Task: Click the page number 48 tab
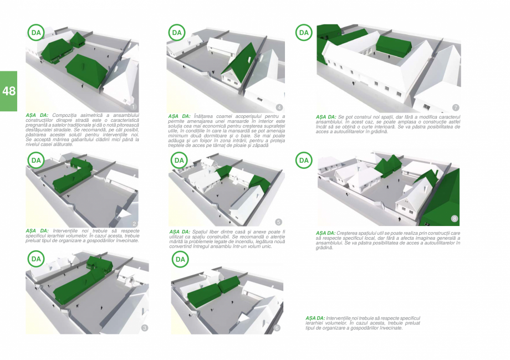(x=8, y=91)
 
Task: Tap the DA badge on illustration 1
(x=36, y=33)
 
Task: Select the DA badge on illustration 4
(x=177, y=33)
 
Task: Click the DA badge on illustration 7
(x=304, y=33)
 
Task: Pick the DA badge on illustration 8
(x=303, y=161)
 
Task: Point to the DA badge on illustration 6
(x=180, y=259)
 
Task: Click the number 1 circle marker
(x=134, y=106)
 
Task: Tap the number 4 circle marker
(x=279, y=107)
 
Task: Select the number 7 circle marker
(x=456, y=107)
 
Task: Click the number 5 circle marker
(x=278, y=222)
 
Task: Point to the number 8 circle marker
(x=455, y=219)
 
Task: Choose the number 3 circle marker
(x=145, y=328)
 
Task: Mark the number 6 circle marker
(x=277, y=328)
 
